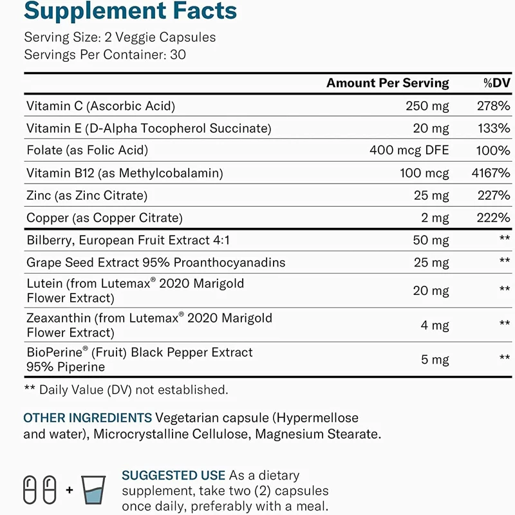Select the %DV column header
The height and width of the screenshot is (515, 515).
click(496, 82)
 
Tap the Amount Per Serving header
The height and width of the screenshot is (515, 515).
click(388, 82)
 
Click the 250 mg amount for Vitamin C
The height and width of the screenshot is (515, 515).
click(427, 106)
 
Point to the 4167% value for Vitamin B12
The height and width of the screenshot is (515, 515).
click(491, 173)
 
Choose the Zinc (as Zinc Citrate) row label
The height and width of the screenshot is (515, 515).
click(87, 195)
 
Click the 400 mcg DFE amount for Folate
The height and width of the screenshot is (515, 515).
click(409, 150)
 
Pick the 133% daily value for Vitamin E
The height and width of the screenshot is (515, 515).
click(494, 128)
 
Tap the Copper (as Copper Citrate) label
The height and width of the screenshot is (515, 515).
click(104, 218)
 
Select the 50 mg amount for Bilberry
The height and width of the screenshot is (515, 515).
click(431, 241)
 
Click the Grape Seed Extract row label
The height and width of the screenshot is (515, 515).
click(156, 263)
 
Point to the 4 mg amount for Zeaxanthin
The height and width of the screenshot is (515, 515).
click(435, 325)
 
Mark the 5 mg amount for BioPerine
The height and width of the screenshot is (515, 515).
click(435, 359)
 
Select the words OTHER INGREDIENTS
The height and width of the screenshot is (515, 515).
click(88, 418)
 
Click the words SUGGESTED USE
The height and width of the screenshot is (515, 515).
click(173, 475)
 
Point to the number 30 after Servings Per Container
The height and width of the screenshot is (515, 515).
click(178, 55)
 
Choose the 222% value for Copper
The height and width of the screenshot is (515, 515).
click(494, 218)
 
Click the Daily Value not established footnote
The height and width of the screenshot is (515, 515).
click(126, 389)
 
